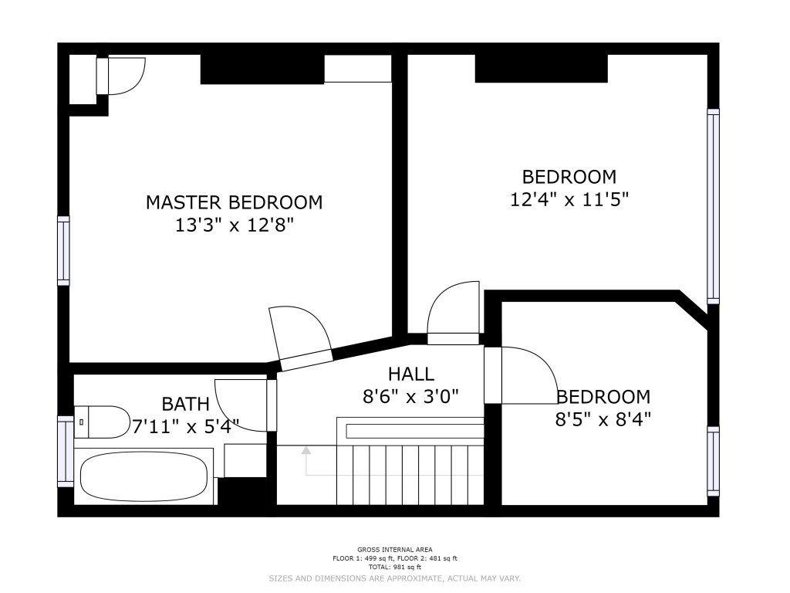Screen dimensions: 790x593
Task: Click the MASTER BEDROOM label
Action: coord(235,202)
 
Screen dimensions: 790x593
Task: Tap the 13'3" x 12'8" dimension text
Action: coord(235,225)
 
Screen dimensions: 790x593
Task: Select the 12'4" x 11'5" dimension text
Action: coord(569,200)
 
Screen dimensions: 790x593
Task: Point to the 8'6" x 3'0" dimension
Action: coord(411,397)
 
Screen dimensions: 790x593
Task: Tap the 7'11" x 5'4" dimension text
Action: coord(185,427)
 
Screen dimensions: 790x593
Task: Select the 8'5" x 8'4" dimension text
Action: coord(603,419)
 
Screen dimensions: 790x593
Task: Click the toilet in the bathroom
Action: coord(102,422)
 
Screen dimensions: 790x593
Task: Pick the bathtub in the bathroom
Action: coord(144,476)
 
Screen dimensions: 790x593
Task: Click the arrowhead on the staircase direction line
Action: coord(306,450)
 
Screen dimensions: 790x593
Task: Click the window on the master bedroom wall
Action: coord(63,251)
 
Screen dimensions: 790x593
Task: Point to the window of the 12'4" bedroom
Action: coord(713,206)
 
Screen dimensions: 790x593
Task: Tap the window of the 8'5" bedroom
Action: coord(713,461)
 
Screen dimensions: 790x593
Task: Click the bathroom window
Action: coord(66,451)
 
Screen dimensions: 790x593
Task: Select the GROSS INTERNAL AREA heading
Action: coord(394,550)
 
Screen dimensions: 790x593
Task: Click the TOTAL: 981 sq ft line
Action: coord(394,567)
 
